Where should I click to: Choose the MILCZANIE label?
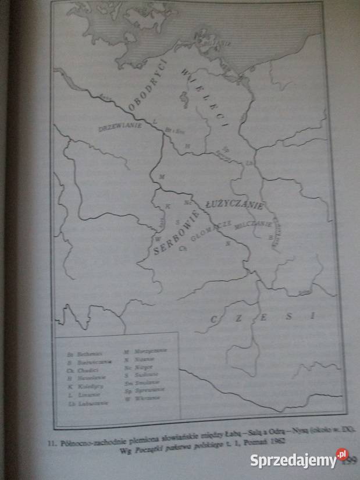[254, 225]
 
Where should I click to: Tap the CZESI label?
[262, 317]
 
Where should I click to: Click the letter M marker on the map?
[162, 176]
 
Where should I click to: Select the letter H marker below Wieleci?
[187, 145]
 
